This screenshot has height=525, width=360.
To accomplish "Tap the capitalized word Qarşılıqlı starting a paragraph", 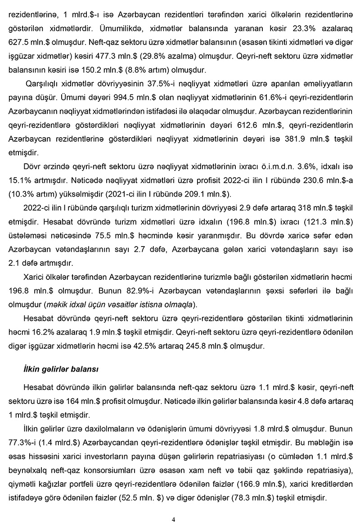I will tap(42, 84).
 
